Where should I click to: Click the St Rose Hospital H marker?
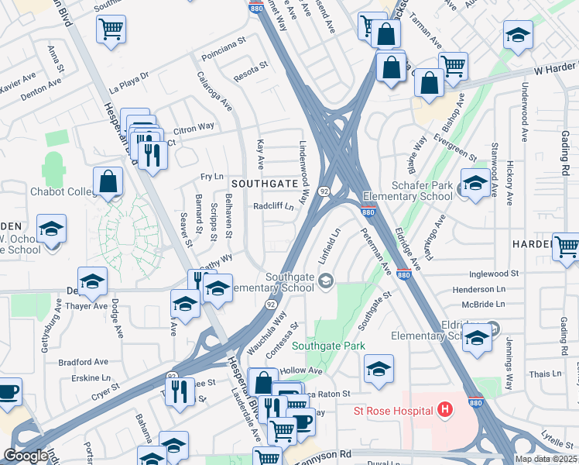click(444, 408)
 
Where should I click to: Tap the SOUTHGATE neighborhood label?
click(264, 184)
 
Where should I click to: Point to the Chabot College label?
click(61, 191)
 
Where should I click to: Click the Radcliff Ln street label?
click(274, 207)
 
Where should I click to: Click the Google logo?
click(26, 456)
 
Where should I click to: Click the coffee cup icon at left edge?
click(8, 392)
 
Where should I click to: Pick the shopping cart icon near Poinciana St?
click(111, 29)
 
